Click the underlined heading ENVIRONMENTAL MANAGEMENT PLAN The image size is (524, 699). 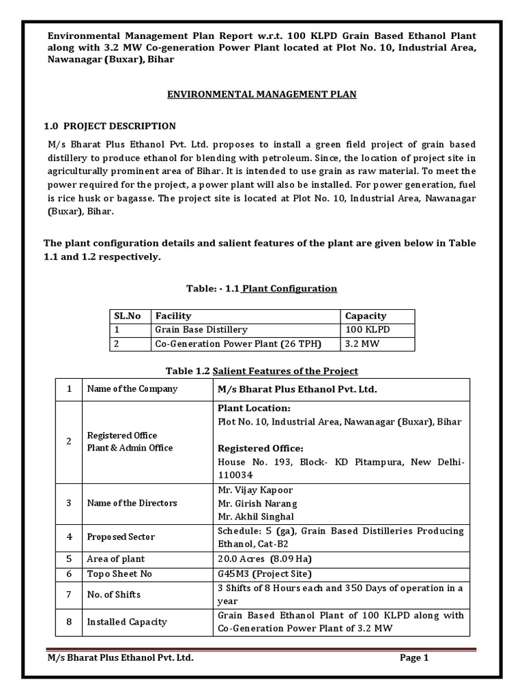click(x=262, y=94)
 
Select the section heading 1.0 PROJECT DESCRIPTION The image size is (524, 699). click(x=110, y=126)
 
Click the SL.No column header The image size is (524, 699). click(x=128, y=316)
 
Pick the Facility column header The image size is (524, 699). click(x=173, y=316)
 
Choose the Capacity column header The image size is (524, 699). click(x=366, y=316)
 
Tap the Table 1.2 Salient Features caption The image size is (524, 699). click(x=262, y=371)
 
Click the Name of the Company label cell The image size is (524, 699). click(x=131, y=388)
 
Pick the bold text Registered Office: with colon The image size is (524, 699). click(x=260, y=448)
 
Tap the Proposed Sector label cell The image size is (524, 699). click(x=120, y=537)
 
